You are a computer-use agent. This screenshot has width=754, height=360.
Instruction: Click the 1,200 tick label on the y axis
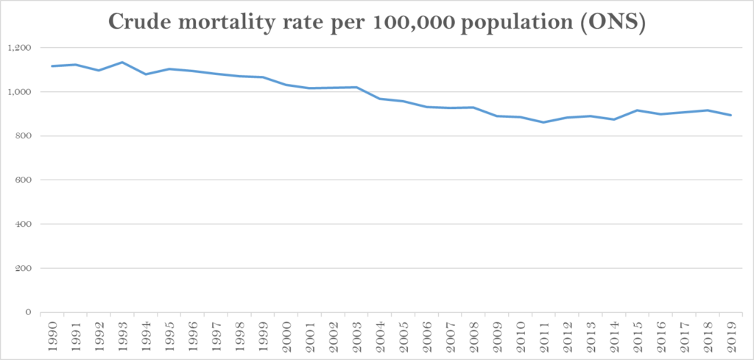point(19,48)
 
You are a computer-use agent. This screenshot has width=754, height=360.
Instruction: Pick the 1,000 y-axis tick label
point(19,92)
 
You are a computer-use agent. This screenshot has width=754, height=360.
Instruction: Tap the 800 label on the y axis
point(22,136)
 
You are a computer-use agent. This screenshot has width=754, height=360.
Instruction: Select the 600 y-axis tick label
point(22,180)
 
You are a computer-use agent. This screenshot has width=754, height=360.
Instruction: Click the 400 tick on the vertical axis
point(22,224)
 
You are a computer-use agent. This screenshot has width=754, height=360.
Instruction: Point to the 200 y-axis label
point(22,268)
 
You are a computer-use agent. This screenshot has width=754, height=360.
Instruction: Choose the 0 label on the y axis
point(27,312)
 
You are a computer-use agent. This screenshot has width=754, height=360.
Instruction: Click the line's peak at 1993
point(122,63)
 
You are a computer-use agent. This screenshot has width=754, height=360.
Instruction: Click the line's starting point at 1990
point(52,66)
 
